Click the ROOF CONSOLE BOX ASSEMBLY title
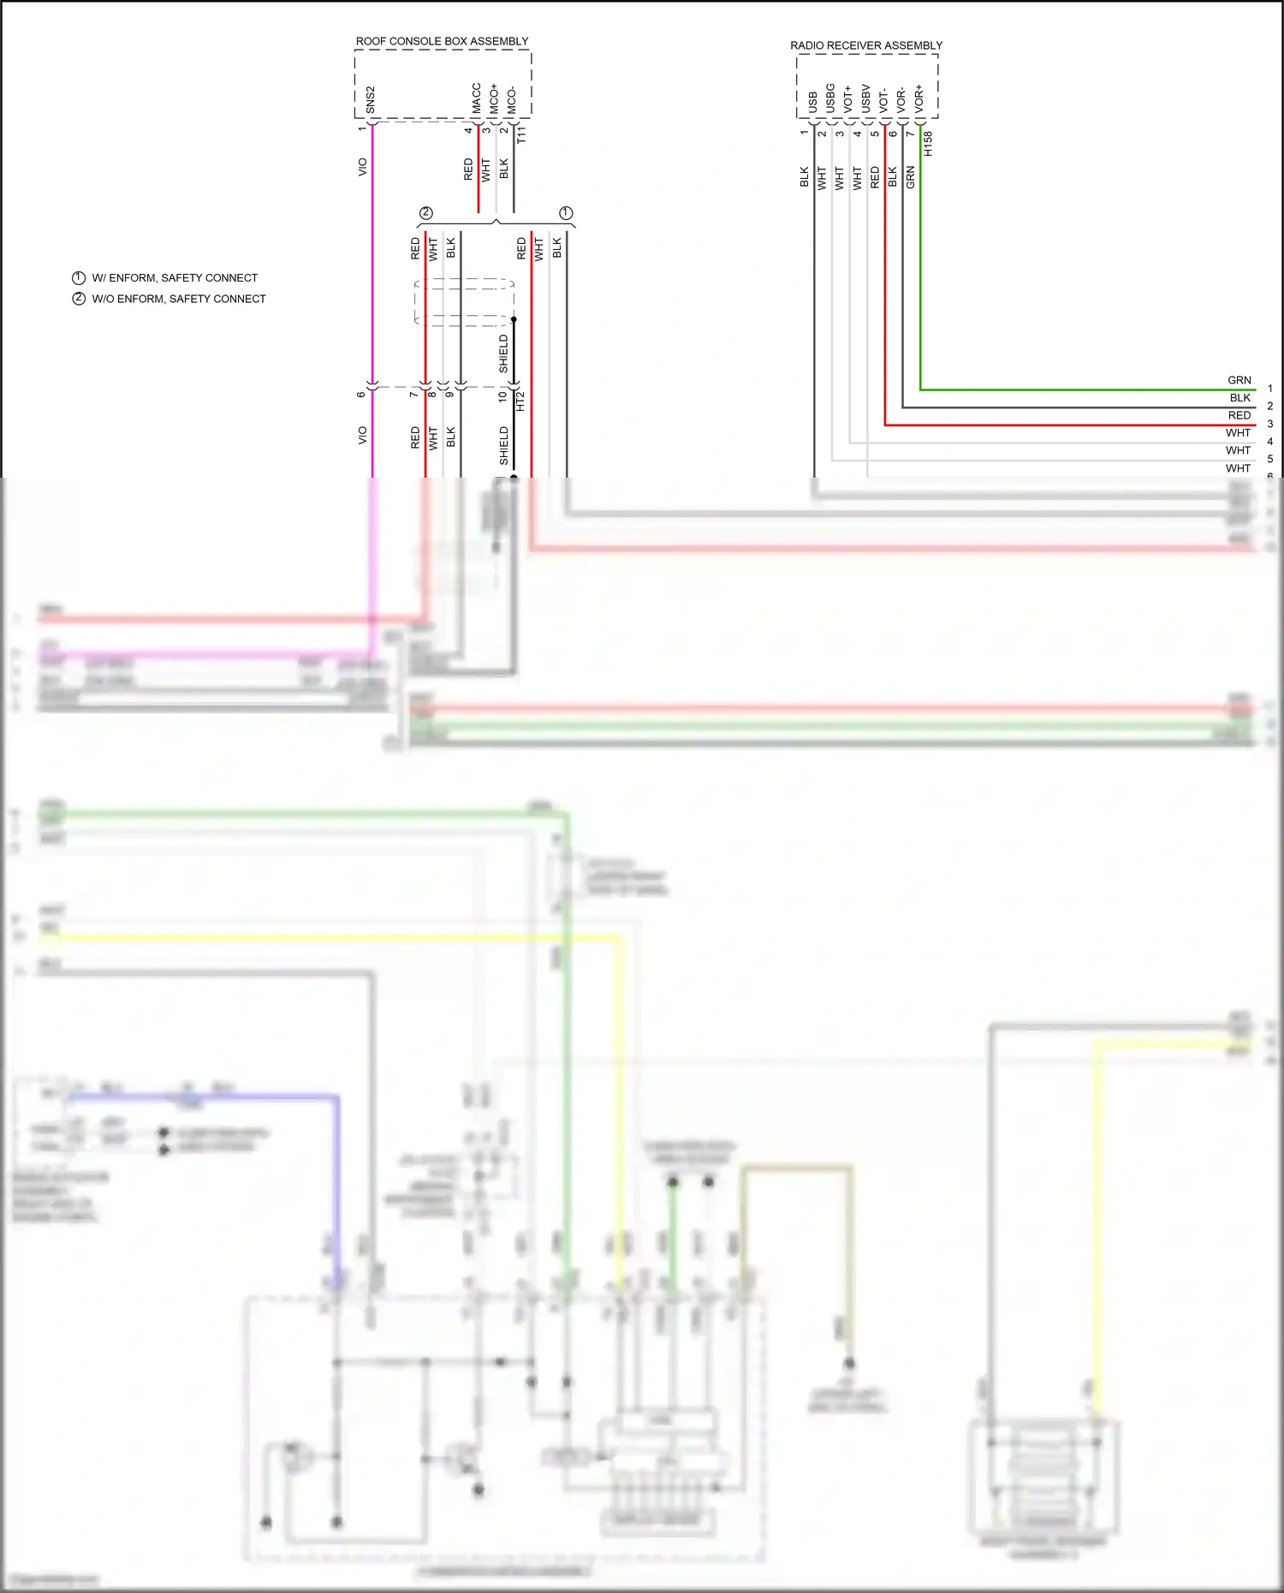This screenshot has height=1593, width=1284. [442, 41]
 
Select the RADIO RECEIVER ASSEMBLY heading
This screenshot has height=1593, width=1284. [865, 45]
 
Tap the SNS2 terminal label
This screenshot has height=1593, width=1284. [371, 99]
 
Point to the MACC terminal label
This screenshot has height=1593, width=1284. [477, 98]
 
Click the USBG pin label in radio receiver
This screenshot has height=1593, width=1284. [830, 98]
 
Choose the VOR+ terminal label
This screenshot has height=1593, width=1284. [919, 98]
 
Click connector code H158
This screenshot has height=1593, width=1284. [929, 143]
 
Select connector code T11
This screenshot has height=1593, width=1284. [522, 134]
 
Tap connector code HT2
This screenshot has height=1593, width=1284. [520, 401]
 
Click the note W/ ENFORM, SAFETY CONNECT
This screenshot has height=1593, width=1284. [174, 278]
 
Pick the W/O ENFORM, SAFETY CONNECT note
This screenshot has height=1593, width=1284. [178, 299]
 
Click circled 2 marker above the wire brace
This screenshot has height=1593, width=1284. [426, 212]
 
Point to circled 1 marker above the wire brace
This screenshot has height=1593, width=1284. [566, 212]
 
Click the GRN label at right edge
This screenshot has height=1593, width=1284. [1239, 380]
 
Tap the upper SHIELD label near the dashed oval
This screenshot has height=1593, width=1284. [503, 354]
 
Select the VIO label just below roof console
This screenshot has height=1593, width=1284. [362, 167]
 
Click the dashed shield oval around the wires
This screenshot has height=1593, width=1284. [463, 301]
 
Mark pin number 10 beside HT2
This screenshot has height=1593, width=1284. [502, 396]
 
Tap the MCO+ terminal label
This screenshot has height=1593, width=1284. [494, 98]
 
